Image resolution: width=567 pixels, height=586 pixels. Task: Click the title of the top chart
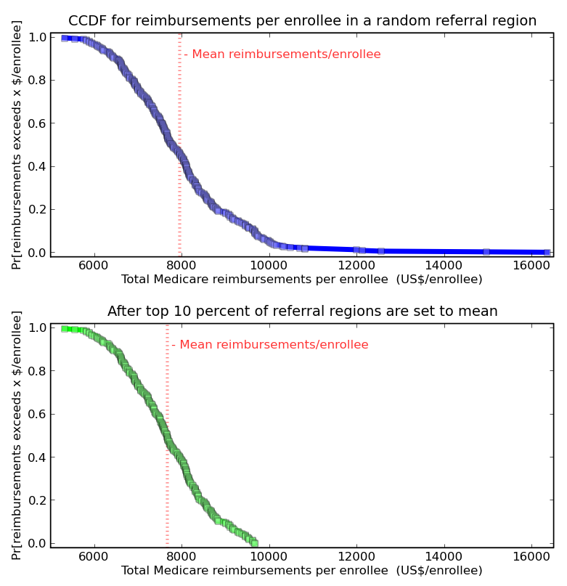302,21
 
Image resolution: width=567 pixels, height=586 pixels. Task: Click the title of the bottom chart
302,312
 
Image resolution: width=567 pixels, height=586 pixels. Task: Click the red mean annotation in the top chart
282,54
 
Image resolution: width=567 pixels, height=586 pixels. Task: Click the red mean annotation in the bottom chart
270,345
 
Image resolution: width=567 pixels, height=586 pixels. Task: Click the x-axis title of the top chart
301,280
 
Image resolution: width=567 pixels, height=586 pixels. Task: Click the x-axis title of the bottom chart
301,571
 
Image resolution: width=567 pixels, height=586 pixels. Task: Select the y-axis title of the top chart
17,145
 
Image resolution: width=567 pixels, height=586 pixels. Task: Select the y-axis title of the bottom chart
17,436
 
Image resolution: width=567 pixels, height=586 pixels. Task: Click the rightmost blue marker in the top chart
547,253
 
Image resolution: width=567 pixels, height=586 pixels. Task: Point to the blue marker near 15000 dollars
486,252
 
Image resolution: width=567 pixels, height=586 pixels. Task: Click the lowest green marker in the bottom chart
254,543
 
